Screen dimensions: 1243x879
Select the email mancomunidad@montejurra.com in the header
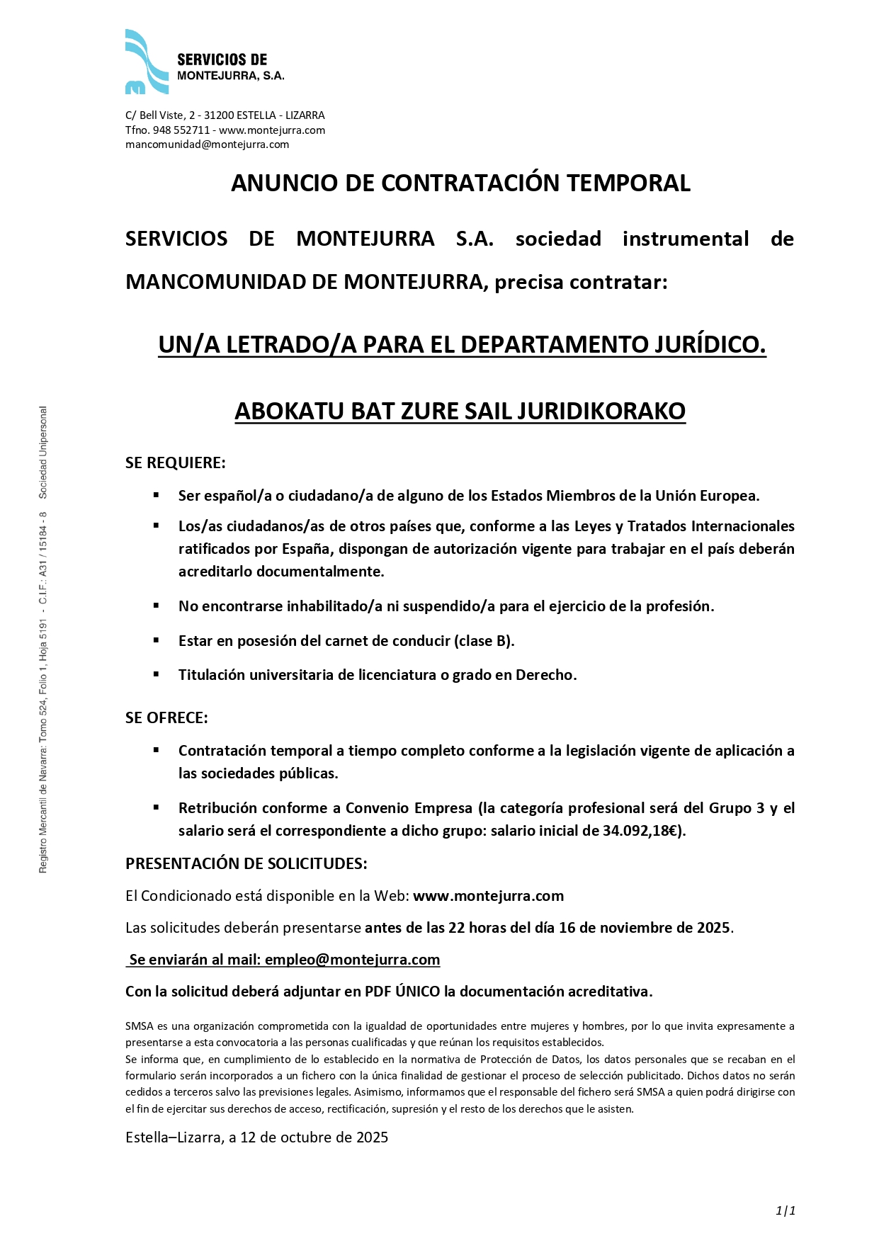tap(207, 144)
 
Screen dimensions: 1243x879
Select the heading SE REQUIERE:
tap(175, 462)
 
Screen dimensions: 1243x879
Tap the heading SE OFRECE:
tap(166, 717)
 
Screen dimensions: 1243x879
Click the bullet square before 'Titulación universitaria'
tap(156, 674)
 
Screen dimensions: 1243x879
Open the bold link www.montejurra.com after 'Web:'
tap(488, 896)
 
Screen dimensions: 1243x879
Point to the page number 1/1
tap(786, 1210)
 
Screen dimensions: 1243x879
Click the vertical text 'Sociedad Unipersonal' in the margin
tap(43, 451)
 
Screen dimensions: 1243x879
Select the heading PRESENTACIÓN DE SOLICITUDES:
tap(246, 863)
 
